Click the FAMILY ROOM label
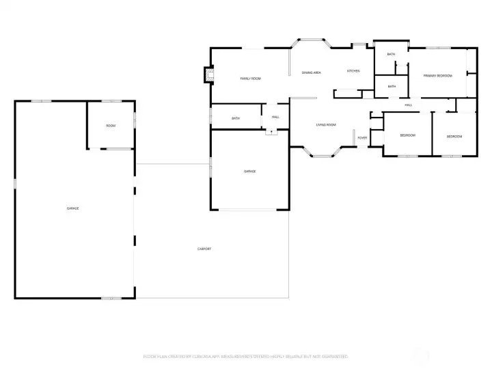(x=250, y=79)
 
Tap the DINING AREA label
(x=312, y=72)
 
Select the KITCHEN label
(x=353, y=71)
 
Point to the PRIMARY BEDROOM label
(x=437, y=75)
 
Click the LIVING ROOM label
(x=325, y=125)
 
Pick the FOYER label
(x=362, y=138)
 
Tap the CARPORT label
(x=204, y=249)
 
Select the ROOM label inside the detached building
(x=110, y=126)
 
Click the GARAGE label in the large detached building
(x=72, y=208)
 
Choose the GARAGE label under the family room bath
(x=249, y=171)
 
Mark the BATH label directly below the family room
(x=236, y=118)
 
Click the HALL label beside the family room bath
(x=275, y=117)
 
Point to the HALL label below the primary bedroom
(x=408, y=105)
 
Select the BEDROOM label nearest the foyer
(x=407, y=135)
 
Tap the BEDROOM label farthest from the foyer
(x=454, y=137)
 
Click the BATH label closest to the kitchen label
(x=392, y=86)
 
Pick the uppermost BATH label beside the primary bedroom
(x=391, y=54)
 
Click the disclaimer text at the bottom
(x=245, y=357)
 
